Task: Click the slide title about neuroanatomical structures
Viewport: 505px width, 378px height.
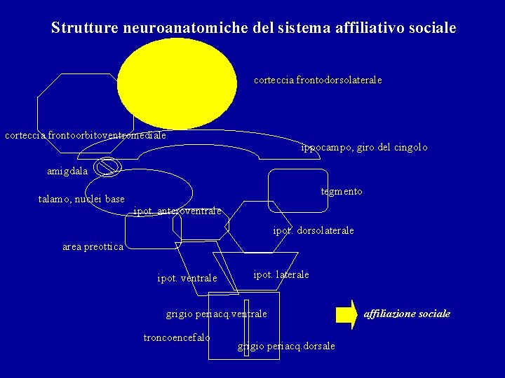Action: click(x=253, y=28)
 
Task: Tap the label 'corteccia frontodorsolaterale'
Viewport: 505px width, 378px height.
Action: click(x=318, y=80)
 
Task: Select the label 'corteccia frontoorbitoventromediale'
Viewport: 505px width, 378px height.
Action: click(x=86, y=135)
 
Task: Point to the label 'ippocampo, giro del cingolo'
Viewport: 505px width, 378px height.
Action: click(x=363, y=148)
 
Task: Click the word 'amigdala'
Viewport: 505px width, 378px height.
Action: click(x=67, y=171)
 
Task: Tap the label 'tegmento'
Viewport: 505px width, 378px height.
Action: click(x=342, y=191)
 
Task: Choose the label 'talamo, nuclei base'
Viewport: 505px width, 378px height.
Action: click(x=81, y=199)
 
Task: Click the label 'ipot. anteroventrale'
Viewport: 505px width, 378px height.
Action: click(x=177, y=211)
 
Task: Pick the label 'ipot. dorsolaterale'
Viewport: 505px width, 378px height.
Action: click(x=313, y=230)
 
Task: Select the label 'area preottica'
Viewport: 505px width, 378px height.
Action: click(x=93, y=247)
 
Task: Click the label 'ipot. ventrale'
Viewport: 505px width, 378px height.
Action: click(x=187, y=279)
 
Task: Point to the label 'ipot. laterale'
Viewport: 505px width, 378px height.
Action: click(x=281, y=274)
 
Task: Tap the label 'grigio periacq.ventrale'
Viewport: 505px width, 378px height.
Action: click(x=216, y=314)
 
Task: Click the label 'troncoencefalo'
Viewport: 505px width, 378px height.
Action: click(x=176, y=337)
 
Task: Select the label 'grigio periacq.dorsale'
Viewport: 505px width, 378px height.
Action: click(x=286, y=346)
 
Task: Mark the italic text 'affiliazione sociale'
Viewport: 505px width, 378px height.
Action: click(x=407, y=314)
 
